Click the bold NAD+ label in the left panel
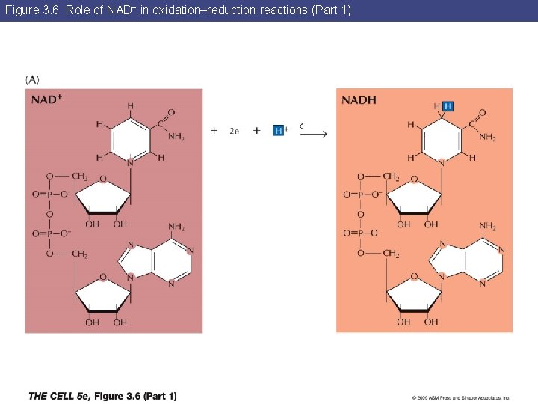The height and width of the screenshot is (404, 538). click(x=46, y=100)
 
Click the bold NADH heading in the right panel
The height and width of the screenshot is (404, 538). click(x=359, y=100)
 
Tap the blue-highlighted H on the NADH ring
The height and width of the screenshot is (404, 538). click(x=448, y=106)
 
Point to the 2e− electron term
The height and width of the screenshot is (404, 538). click(x=235, y=131)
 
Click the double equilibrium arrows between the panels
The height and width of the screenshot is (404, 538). click(x=313, y=130)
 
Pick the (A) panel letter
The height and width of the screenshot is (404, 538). click(x=33, y=79)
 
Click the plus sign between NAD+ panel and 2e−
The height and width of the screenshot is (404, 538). click(x=214, y=130)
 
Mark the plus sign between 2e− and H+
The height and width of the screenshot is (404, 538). click(x=257, y=130)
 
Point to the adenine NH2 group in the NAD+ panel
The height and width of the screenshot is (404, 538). click(x=176, y=227)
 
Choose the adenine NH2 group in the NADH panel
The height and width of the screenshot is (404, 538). click(x=488, y=227)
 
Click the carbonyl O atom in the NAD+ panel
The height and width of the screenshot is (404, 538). click(x=171, y=112)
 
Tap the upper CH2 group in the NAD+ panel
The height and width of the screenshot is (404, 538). click(x=79, y=177)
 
